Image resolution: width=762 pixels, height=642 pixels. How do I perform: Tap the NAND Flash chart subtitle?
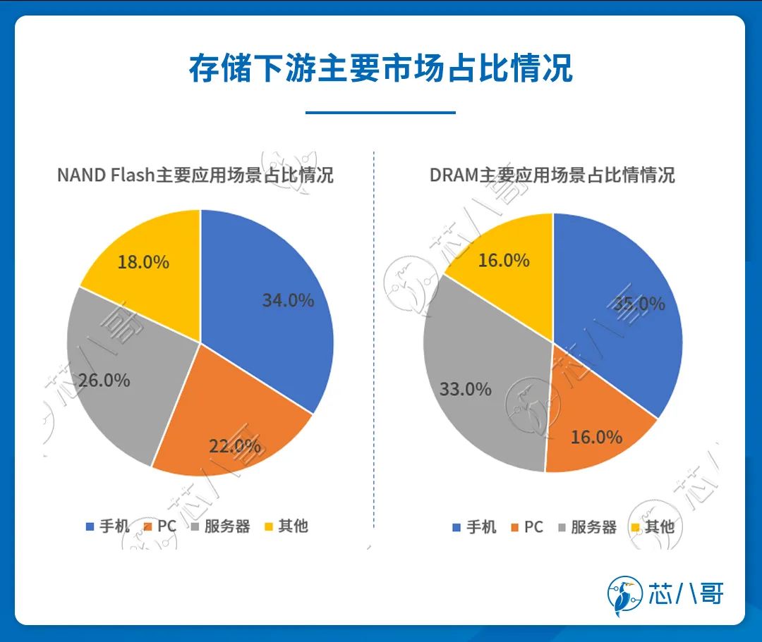point(195,175)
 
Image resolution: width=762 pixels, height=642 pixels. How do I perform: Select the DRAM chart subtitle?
point(552,175)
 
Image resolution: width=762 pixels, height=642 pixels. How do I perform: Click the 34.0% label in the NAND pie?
point(288,300)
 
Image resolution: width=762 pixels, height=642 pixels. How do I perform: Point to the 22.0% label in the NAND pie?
point(234,445)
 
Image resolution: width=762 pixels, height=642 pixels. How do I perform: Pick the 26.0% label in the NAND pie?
point(104,381)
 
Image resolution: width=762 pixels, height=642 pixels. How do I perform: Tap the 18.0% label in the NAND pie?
point(143,262)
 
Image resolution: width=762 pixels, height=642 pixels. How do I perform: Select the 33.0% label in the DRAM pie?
point(465,388)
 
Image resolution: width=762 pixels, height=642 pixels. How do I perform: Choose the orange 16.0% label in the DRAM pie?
point(596,437)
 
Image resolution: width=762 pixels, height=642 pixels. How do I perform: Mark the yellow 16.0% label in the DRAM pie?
point(504,260)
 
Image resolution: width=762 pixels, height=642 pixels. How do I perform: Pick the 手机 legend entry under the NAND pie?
point(107,526)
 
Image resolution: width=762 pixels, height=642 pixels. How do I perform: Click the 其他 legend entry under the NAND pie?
point(286,526)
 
